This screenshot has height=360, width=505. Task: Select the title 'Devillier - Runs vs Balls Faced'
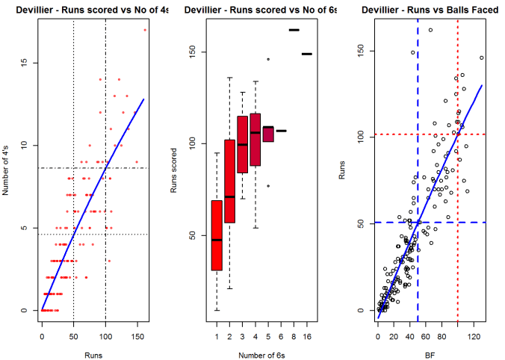pos(430,10)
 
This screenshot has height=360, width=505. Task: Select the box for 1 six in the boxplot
pos(217,235)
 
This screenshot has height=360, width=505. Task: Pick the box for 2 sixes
pos(229,181)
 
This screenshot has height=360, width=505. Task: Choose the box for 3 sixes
pos(242,144)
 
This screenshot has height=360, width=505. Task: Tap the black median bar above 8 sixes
pos(294,30)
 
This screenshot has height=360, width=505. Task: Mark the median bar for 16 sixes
pos(306,54)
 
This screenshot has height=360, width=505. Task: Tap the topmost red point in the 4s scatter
pos(145,30)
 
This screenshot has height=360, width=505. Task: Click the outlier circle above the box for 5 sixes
pos(268,58)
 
